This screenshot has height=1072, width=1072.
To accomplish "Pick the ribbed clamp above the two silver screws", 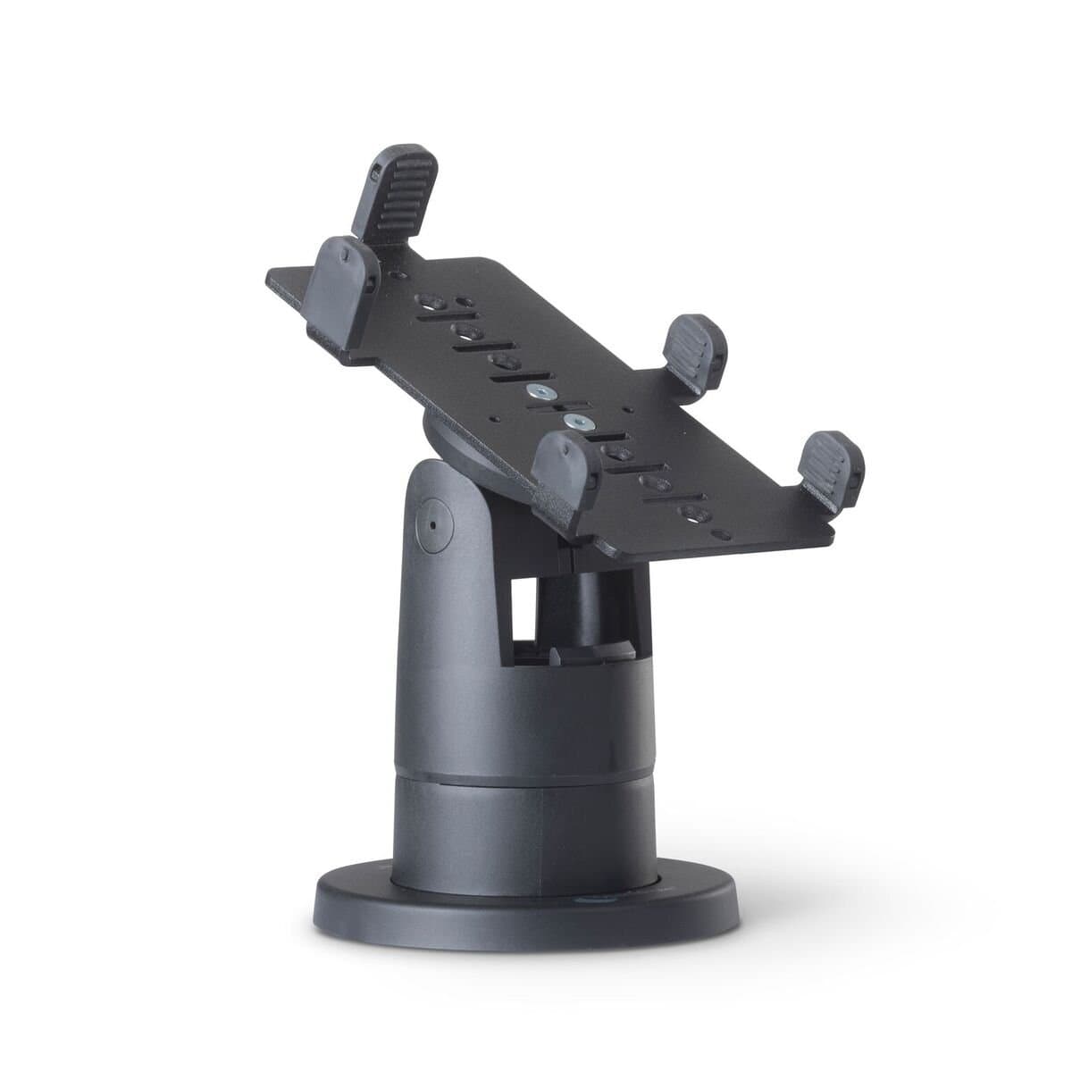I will (x=697, y=351).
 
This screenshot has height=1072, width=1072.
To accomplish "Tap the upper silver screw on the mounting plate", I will (x=538, y=392).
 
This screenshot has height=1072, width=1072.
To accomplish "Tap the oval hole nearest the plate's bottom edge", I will (x=692, y=512).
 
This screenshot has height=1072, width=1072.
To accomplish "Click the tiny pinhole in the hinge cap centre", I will (x=434, y=523).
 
